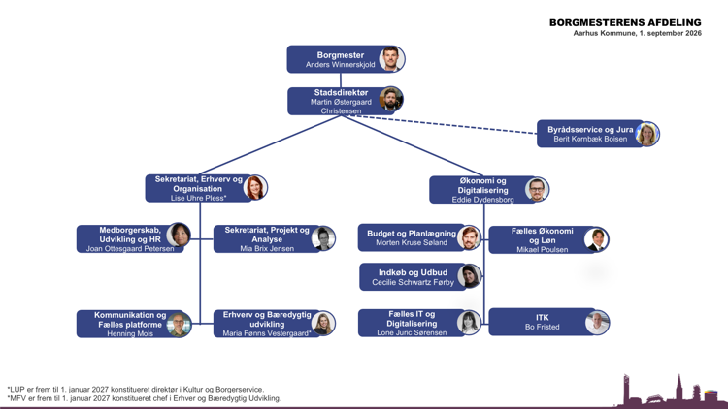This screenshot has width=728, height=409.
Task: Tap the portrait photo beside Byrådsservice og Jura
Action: [x=646, y=134]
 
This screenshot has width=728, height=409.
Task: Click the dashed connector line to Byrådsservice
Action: [x=444, y=124]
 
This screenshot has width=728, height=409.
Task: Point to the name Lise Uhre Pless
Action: [x=197, y=198]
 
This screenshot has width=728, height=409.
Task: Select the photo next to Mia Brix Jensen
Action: [x=323, y=238]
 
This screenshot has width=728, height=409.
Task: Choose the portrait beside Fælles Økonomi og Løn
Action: [x=597, y=239]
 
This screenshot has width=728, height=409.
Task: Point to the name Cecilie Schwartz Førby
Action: [x=413, y=282]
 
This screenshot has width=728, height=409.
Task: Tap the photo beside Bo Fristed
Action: [x=597, y=323]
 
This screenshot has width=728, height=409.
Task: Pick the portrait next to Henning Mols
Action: [x=179, y=324]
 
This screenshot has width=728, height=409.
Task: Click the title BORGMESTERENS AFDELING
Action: [x=625, y=22]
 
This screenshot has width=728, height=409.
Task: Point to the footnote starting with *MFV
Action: [x=145, y=398]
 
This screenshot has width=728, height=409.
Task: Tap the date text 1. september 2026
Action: [x=671, y=33]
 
